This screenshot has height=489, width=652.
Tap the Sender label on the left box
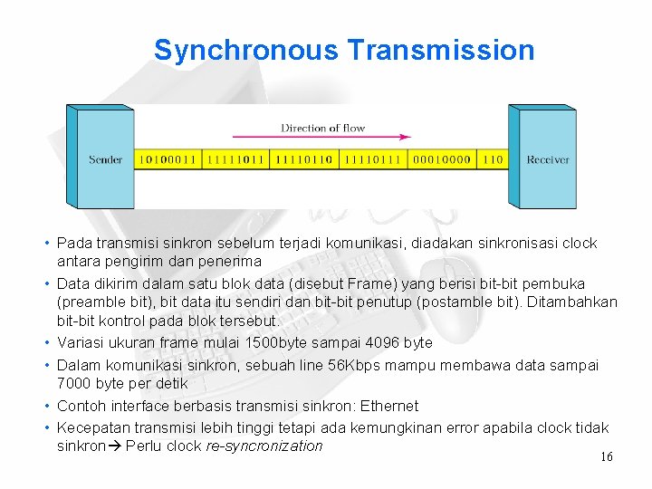coord(105,160)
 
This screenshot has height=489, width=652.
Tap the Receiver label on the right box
coord(548,160)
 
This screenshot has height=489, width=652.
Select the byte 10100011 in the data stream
coord(167,160)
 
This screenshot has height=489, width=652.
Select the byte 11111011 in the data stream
coord(235,160)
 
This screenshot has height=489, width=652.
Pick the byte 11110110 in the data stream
coord(303,160)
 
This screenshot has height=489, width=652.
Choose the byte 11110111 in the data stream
coord(372,160)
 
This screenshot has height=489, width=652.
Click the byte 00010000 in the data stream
coord(441,160)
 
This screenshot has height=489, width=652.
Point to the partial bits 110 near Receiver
coord(492,160)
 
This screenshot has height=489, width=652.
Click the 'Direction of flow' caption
coord(322,128)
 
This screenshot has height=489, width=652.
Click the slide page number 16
coord(606,457)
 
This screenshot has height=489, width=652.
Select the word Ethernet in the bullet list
coord(388,406)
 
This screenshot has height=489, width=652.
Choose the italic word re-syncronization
coord(264,446)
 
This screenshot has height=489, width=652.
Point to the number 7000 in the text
coord(73,384)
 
